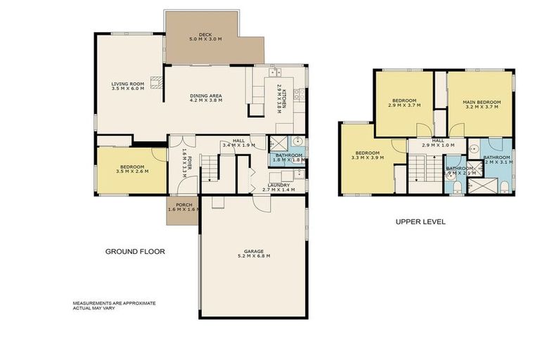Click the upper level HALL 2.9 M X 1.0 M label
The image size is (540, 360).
point(437,143)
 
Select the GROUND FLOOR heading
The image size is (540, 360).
point(135,251)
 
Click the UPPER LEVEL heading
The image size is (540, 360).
point(420,221)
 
